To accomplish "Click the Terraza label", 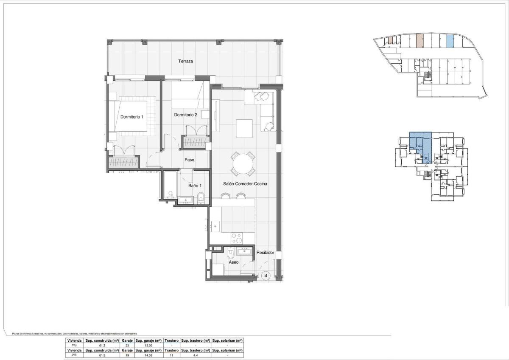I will click(x=185, y=61).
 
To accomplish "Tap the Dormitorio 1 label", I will click(x=132, y=117).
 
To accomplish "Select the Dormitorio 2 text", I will click(x=186, y=115).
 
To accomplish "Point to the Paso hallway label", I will click(x=189, y=160).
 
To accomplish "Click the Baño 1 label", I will click(x=195, y=185).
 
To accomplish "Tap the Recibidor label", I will click(x=266, y=253).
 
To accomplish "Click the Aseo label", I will click(x=233, y=262).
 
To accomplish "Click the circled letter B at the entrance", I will click(x=266, y=276).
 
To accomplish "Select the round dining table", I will click(x=243, y=164).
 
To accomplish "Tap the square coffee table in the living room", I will click(x=245, y=129).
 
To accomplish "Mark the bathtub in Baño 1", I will click(x=171, y=185).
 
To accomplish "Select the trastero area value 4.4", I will click(x=195, y=355).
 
